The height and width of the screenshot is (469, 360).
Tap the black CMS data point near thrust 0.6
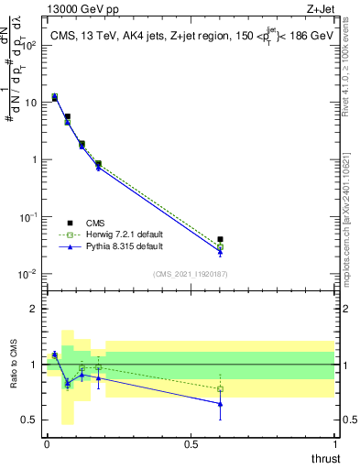click(220, 240)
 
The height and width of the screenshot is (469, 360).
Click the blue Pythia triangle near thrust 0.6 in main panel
click(220, 252)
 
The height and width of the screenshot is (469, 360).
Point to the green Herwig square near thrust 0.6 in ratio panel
click(220, 388)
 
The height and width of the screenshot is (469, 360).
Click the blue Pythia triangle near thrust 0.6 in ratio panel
click(220, 403)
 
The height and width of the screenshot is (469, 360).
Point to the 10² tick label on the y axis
click(29, 45)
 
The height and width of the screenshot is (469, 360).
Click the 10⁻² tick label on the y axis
click(29, 274)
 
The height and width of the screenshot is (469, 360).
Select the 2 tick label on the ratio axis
click(34, 309)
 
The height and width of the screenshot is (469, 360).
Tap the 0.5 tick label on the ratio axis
click(29, 420)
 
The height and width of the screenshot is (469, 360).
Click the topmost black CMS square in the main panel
click(55, 97)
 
